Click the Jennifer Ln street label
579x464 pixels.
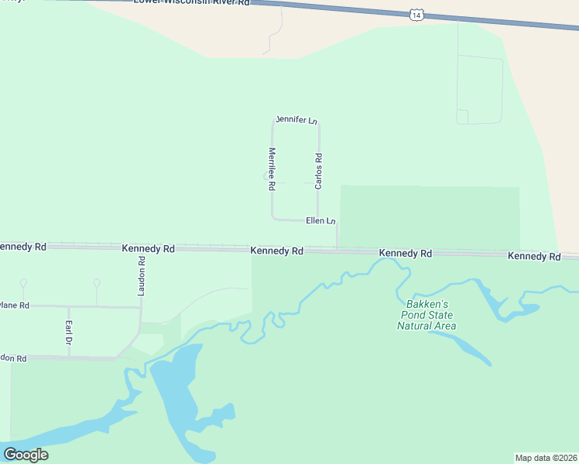[296, 121]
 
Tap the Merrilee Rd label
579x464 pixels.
[272, 169]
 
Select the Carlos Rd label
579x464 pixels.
[318, 171]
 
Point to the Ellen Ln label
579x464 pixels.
[320, 221]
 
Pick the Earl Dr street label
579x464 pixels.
[68, 332]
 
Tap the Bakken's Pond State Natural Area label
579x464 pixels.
[427, 315]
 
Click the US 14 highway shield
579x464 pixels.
[417, 14]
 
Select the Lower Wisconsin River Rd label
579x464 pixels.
[192, 3]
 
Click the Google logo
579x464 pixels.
[26, 455]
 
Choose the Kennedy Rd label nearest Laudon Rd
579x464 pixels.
[148, 249]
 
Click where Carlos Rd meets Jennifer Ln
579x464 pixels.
[318, 122]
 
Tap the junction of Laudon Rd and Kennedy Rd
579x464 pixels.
[141, 247]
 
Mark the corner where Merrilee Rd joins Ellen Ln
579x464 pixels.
[272, 218]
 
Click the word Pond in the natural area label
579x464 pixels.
[427, 315]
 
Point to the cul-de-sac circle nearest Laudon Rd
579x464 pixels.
[97, 282]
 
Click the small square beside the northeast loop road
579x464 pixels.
[462, 116]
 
